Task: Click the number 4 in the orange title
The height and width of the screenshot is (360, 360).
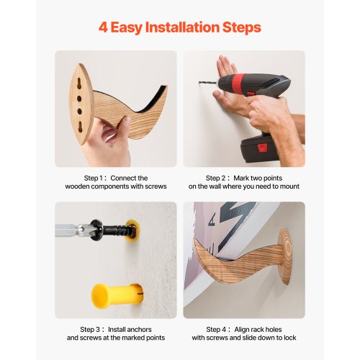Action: [x=103, y=27]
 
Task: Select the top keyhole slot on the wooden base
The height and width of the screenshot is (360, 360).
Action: [x=79, y=84]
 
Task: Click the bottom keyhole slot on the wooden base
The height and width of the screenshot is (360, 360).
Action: [x=80, y=125]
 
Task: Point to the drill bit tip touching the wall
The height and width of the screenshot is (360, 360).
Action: [x=199, y=83]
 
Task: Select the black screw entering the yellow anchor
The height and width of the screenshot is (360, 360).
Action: [x=117, y=231]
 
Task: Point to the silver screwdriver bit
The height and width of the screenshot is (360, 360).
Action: [x=73, y=230]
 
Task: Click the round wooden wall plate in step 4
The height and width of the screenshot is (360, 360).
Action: [x=285, y=256]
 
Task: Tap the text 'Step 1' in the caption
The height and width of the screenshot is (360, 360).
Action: [x=94, y=179]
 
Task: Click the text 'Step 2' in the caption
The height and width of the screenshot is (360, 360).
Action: [x=216, y=179]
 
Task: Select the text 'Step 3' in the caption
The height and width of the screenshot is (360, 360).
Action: [x=90, y=330]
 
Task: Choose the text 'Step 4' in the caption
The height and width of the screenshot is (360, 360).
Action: [x=216, y=330]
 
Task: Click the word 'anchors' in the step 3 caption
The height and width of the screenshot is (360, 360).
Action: [x=139, y=330]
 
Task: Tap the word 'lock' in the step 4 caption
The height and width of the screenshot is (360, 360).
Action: [x=289, y=338]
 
